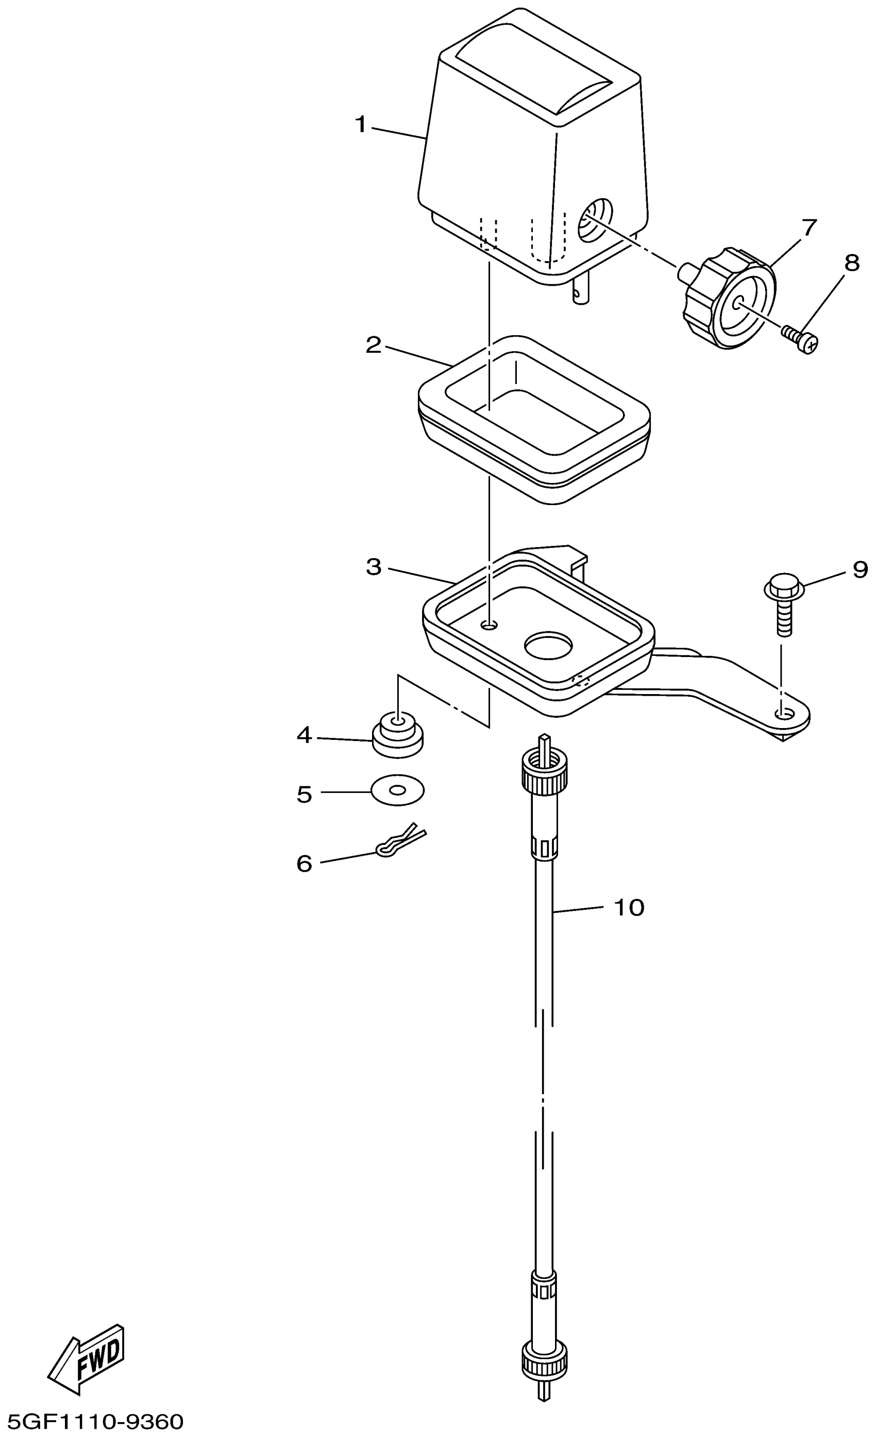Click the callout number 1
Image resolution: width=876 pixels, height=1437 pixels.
361,124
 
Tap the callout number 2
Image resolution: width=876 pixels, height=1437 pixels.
373,345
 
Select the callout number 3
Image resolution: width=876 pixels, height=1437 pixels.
374,567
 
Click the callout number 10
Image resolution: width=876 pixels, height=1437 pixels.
629,907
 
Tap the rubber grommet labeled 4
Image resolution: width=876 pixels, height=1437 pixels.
398,735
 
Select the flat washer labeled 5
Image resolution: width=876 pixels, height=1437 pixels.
398,790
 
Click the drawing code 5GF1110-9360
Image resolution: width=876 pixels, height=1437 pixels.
92,1421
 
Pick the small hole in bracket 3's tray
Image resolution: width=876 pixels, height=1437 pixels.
489,625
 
